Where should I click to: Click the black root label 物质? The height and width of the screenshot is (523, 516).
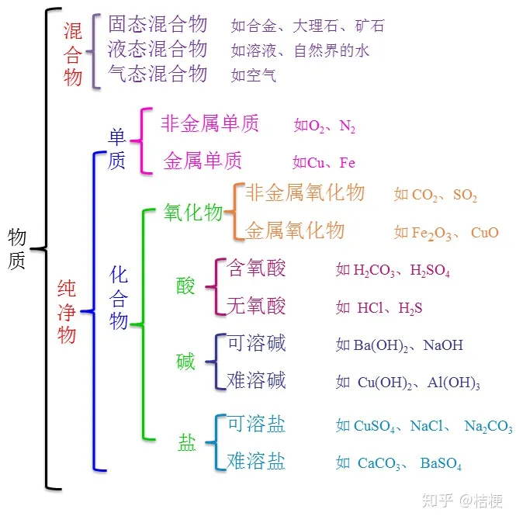coord(17,248)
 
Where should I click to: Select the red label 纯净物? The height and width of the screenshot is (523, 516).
coord(67,312)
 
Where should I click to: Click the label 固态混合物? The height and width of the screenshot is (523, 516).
coord(158,24)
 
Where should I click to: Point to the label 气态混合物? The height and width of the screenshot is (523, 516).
coord(158,74)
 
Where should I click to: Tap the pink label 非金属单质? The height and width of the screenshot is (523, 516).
coord(210,123)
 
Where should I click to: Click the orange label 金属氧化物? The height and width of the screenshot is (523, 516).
coord(295,230)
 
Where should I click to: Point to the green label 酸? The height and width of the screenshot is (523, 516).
coord(185,286)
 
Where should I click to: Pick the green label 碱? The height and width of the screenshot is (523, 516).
coord(185,362)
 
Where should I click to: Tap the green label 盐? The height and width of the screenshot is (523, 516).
coord(186,443)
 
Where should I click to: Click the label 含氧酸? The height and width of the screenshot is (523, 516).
coord(256,268)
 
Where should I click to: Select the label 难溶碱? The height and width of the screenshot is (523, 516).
coord(256,380)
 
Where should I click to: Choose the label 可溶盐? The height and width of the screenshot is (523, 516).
coord(256,424)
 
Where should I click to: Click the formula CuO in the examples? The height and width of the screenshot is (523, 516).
coord(485,232)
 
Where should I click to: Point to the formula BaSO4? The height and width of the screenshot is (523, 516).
coord(441,464)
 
